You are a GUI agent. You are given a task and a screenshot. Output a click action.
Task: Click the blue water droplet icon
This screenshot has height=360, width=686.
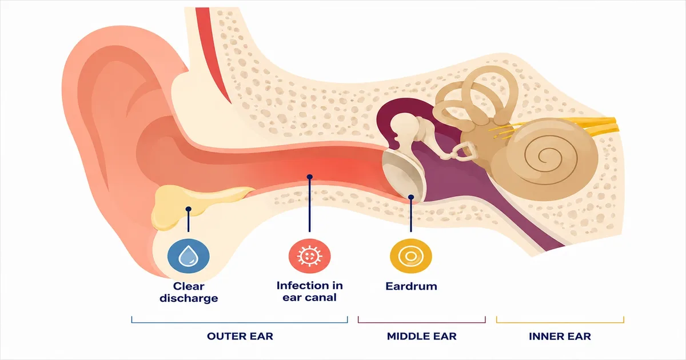[x=189, y=256]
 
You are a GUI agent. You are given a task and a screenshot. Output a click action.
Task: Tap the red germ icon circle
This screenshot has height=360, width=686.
[x=310, y=256]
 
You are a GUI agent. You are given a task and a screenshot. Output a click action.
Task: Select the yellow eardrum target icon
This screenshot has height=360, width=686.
[x=411, y=256]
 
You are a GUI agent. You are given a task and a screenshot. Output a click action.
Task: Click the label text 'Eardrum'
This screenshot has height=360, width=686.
[x=411, y=286]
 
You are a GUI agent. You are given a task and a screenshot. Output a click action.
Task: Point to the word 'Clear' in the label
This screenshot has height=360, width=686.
[x=189, y=286]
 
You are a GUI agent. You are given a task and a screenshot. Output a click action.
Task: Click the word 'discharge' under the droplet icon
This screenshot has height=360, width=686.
[x=189, y=298]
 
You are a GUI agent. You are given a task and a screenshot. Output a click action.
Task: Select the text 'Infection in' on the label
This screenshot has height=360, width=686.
[x=310, y=286]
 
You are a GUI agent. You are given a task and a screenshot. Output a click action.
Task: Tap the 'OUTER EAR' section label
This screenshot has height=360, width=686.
[x=240, y=336]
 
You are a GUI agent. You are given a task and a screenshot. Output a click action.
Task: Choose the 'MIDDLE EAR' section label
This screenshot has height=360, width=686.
[x=422, y=336]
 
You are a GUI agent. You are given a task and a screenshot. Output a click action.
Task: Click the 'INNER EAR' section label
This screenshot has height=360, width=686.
[x=560, y=337]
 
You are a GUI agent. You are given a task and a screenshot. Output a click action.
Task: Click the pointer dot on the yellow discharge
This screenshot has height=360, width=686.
[x=189, y=209]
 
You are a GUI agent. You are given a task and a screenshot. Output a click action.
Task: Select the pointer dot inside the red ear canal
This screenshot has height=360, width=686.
[x=310, y=177]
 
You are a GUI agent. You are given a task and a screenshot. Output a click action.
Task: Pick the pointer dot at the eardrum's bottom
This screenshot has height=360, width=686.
[x=411, y=197]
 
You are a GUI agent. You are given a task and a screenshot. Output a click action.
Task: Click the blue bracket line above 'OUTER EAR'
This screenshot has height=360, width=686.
[x=240, y=322]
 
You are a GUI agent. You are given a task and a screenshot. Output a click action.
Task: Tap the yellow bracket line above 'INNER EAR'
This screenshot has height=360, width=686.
[x=560, y=322]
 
